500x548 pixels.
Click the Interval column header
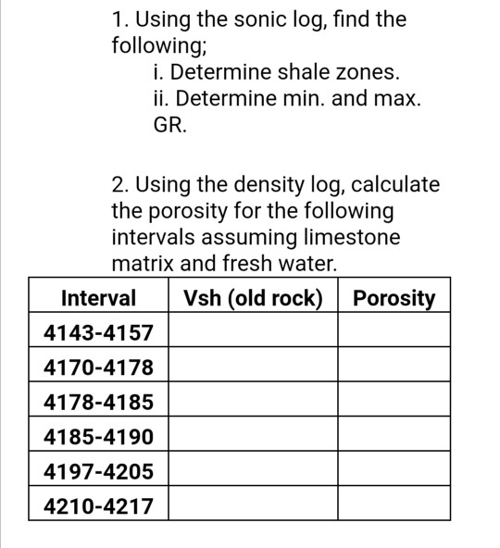(x=98, y=298)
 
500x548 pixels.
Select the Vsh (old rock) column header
(x=253, y=298)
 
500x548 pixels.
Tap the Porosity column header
(x=394, y=298)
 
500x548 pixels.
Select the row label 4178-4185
(x=98, y=403)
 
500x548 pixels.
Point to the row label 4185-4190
(x=98, y=437)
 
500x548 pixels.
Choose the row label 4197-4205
(x=98, y=472)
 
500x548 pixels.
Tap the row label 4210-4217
(x=98, y=506)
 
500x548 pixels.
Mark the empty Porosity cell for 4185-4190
(x=394, y=437)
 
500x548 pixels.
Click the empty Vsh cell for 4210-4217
(x=253, y=506)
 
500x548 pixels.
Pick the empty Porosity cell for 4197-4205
(x=394, y=472)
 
